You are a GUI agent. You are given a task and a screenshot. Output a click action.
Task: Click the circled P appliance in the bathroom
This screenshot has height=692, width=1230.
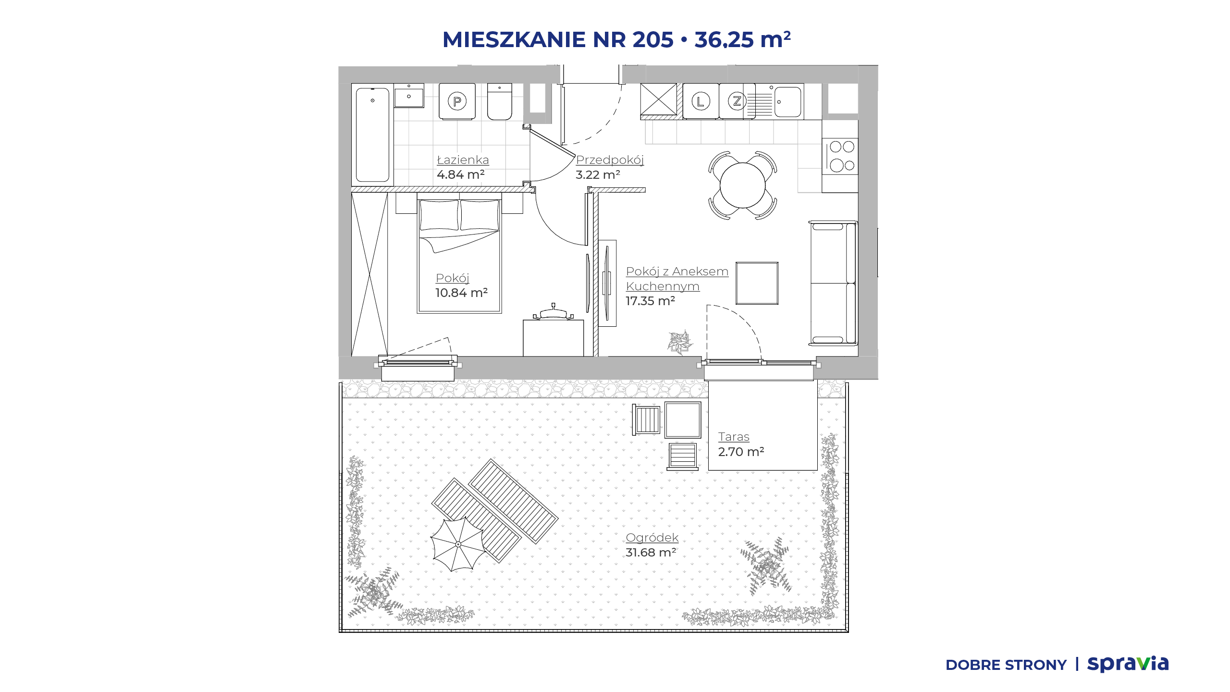click(457, 101)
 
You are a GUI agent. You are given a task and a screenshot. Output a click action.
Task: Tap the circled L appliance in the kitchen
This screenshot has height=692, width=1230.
click(701, 101)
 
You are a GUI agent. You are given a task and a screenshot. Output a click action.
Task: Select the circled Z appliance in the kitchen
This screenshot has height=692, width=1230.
click(737, 101)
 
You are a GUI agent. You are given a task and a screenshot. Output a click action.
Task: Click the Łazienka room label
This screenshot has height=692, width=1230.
click(463, 160)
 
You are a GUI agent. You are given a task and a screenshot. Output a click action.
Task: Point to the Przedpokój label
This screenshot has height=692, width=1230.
click(610, 160)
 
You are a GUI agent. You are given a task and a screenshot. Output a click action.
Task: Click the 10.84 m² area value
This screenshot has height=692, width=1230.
click(461, 293)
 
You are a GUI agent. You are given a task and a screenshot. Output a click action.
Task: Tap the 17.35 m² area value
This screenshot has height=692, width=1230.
click(650, 301)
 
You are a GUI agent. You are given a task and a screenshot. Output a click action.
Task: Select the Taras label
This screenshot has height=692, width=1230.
click(734, 437)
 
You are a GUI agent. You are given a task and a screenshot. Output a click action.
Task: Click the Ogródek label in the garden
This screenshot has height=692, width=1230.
click(652, 538)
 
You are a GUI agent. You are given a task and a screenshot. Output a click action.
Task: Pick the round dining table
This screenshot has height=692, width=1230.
click(742, 185)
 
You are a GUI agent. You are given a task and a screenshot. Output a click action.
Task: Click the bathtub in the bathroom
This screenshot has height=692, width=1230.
click(372, 135)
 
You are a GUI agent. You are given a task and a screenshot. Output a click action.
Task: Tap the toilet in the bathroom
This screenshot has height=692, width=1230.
click(500, 101)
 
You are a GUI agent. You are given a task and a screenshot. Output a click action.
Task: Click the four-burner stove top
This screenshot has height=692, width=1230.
click(840, 156)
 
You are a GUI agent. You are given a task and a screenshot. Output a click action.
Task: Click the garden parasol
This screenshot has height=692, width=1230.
click(458, 544)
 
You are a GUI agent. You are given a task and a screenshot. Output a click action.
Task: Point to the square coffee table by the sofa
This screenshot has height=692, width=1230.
click(757, 283)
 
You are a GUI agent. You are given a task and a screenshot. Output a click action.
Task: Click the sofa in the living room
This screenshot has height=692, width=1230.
click(833, 283)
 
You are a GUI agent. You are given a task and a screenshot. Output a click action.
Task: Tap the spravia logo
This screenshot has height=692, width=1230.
click(1128, 664)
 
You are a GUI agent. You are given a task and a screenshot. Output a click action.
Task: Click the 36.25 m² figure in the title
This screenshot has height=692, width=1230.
click(742, 39)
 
